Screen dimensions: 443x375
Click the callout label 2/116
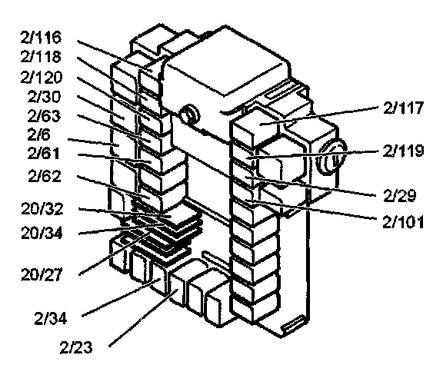point(41,38)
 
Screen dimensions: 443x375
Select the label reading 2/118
point(41,57)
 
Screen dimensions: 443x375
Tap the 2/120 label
point(42,78)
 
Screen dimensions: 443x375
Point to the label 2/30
point(44,97)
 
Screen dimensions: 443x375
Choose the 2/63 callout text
point(44,116)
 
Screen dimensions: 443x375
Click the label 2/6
point(39,134)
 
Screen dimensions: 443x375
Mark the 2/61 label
point(44,154)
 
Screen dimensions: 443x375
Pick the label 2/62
point(45,176)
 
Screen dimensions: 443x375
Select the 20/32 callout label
point(42,209)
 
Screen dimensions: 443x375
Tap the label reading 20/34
point(42,234)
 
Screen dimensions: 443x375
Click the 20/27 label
point(42,274)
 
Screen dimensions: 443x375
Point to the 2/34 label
point(51,319)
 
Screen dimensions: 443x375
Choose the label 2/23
point(76,348)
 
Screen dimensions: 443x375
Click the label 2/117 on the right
point(404,108)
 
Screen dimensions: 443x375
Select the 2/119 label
point(404,151)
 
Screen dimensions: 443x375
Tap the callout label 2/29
point(400,196)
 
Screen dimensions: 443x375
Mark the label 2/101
point(404,222)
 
